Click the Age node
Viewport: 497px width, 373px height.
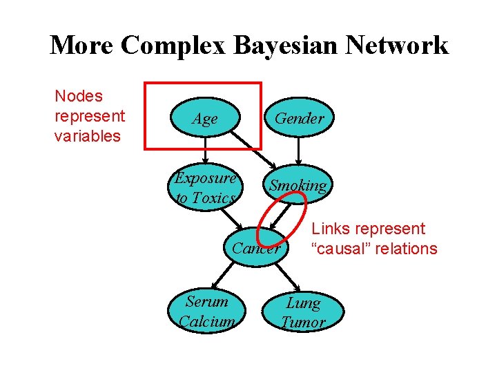(205, 119)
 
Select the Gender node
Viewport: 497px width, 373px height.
(298, 119)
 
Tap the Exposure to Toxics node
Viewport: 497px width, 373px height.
(206, 188)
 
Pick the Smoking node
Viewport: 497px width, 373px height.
(298, 185)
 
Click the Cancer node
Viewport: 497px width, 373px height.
(257, 248)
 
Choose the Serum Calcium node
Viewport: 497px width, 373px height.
(206, 312)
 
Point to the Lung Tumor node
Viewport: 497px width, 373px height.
(303, 312)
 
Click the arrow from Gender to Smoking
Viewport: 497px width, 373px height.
(298, 151)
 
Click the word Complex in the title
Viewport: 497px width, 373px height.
(176, 46)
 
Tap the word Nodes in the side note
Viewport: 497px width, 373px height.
(78, 96)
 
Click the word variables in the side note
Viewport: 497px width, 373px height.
(87, 135)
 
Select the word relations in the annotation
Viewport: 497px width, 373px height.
(406, 249)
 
